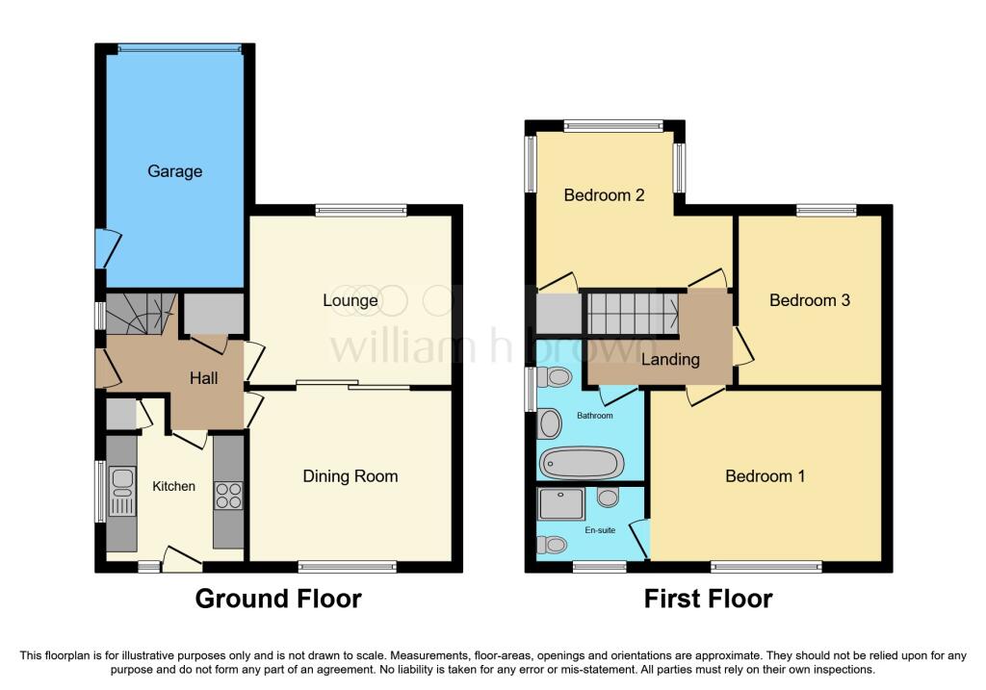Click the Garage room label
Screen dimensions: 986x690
(x=175, y=171)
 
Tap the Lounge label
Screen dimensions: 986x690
(x=350, y=300)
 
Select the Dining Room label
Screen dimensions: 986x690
(x=350, y=475)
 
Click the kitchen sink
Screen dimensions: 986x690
(x=122, y=491)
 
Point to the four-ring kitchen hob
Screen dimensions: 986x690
(x=229, y=495)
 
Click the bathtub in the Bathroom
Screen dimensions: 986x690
(x=581, y=463)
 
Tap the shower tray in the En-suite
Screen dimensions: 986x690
(x=561, y=504)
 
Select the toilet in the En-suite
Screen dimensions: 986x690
(x=552, y=545)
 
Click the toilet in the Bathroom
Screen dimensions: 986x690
(x=554, y=377)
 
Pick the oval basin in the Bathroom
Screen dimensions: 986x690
(x=550, y=423)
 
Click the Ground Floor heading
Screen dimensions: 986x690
(x=278, y=599)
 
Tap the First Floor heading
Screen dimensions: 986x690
(x=708, y=599)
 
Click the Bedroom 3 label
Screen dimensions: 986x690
(x=809, y=300)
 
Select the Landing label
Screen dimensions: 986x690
(x=670, y=360)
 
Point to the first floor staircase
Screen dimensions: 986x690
(x=634, y=313)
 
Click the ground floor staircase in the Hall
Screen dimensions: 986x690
(x=141, y=313)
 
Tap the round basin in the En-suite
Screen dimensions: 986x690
(x=608, y=498)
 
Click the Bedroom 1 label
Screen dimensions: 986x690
(x=765, y=475)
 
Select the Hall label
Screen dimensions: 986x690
(x=204, y=378)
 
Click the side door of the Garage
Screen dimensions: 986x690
(x=107, y=248)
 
